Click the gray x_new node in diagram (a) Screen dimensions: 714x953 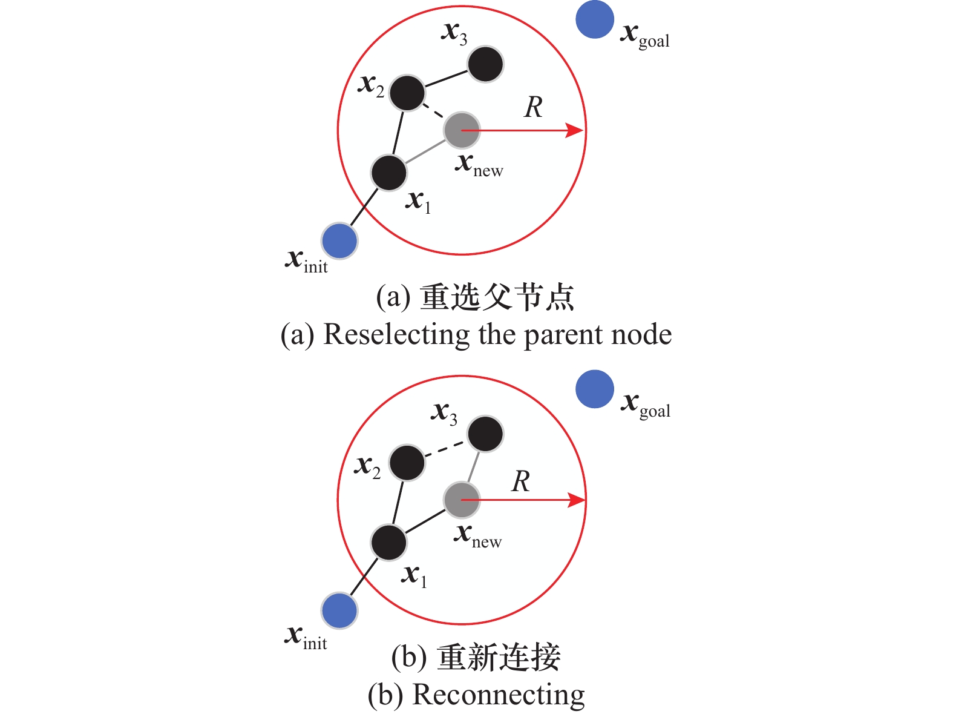[x=462, y=130]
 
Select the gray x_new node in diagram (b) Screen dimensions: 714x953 [x=462, y=500]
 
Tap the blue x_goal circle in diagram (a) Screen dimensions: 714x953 [x=595, y=19]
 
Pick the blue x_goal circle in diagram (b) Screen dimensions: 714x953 [x=595, y=389]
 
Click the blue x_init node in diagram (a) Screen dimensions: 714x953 [x=339, y=240]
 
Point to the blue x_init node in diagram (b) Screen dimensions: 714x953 [x=339, y=610]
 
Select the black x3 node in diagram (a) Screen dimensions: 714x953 [x=485, y=64]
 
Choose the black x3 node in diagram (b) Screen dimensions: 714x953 [x=485, y=434]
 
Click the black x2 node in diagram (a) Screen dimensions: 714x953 [x=407, y=93]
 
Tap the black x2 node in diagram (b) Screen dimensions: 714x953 [x=407, y=463]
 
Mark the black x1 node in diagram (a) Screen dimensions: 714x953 [x=388, y=173]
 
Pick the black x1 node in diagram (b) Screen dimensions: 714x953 [x=388, y=542]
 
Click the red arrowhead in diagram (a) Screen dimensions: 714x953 [x=574, y=130]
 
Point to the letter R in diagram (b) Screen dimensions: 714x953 [x=521, y=482]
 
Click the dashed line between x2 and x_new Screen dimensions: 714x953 [x=434, y=111]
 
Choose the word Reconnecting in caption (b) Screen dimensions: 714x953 [x=498, y=695]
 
